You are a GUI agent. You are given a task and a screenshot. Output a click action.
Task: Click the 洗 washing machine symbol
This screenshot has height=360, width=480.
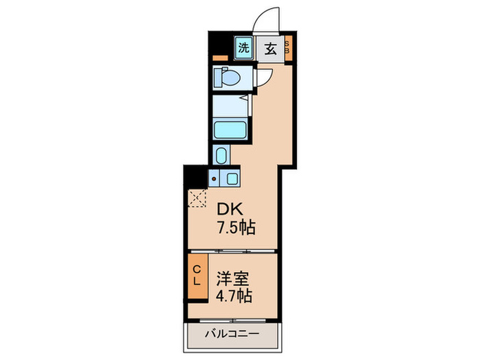pos(243,47)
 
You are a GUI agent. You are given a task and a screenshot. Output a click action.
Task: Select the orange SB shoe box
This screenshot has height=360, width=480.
pos(288,47)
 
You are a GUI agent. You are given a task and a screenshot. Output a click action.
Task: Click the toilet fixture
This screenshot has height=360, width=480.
pos(226,77)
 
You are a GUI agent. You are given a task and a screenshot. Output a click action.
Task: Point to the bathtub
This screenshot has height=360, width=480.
pos(229,130)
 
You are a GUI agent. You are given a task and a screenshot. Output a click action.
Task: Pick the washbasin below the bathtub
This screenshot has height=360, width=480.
pos(220,156)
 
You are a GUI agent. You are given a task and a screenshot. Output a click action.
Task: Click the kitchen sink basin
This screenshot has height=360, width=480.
pos(231,180)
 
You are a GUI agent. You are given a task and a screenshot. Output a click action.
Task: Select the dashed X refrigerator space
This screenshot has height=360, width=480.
pos(197,198)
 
